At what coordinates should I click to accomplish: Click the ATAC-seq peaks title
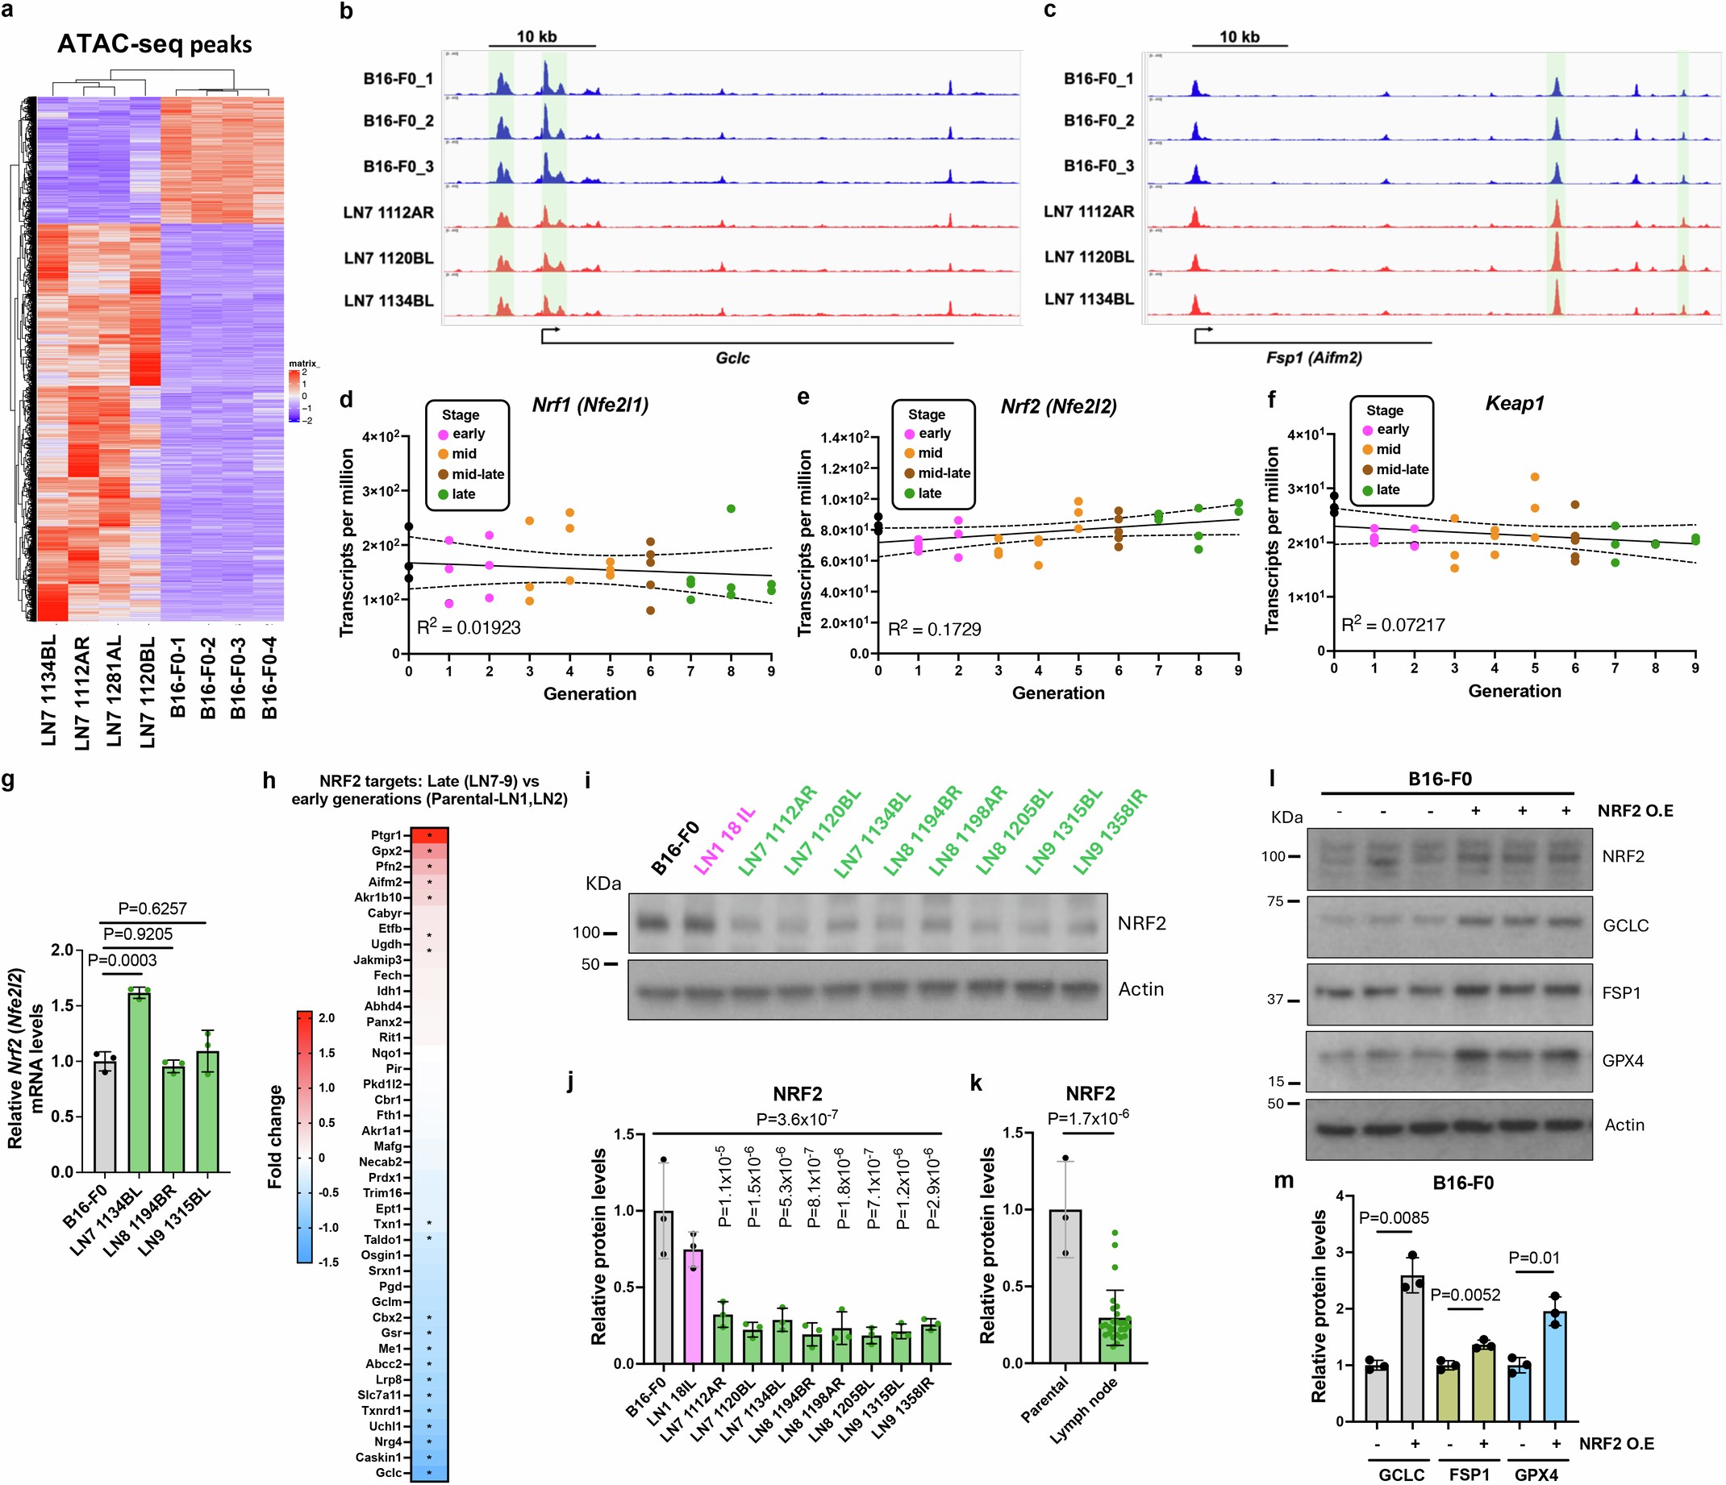click(154, 44)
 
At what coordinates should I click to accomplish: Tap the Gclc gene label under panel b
click(732, 358)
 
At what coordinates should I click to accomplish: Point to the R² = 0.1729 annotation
click(935, 630)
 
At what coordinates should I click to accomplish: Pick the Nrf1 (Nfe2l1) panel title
click(590, 406)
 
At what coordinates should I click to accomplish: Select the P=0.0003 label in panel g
click(123, 960)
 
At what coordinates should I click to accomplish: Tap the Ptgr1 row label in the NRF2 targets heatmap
click(386, 835)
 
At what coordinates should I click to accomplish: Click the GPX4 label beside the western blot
click(1623, 1061)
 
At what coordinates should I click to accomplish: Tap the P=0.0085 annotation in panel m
click(1394, 1218)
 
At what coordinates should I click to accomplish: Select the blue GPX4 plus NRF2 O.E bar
click(1554, 1366)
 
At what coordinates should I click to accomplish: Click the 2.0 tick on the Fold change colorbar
click(327, 1017)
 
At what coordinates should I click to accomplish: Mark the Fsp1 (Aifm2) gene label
click(1314, 358)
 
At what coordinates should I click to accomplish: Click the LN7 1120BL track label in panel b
click(388, 258)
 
